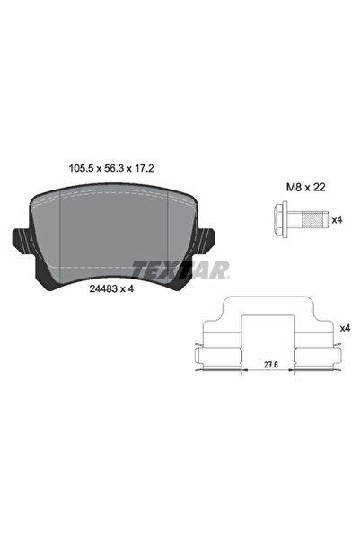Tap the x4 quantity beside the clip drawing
pos(345,329)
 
